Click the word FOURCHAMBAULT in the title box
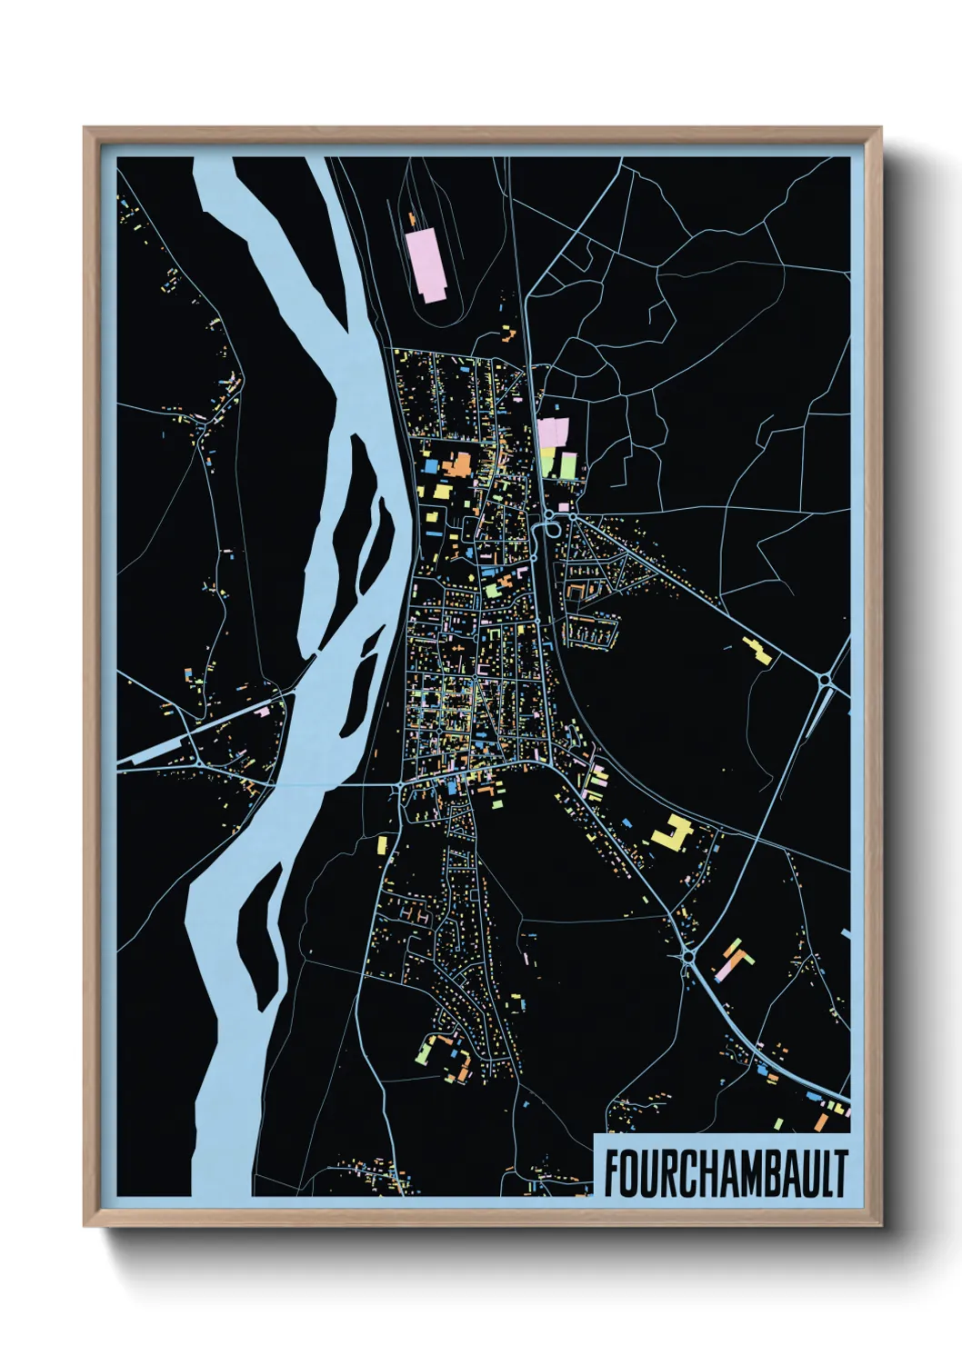coord(726,1173)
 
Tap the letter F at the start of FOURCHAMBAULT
coord(612,1173)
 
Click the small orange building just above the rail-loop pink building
coord(413,219)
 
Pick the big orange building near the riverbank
coord(457,465)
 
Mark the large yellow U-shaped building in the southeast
coord(673,833)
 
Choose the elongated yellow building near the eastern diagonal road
coord(757,651)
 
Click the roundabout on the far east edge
coord(824,679)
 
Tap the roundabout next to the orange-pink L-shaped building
coord(688,957)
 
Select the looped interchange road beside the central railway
coord(550,526)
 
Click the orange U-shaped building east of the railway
coord(576,592)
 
